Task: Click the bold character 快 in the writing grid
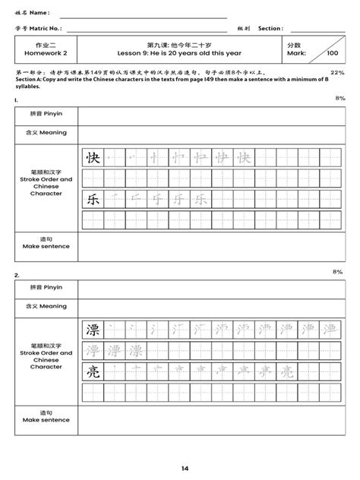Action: [93, 158]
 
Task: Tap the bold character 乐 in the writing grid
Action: [93, 200]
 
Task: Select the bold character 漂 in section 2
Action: [93, 330]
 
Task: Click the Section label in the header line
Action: [270, 28]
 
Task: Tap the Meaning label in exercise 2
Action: [46, 305]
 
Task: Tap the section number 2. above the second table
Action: [17, 274]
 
